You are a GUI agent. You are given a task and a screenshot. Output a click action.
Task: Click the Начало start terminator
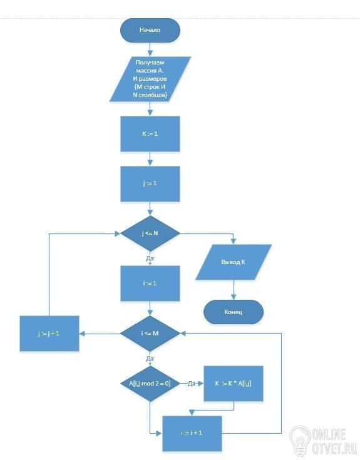[x=150, y=30]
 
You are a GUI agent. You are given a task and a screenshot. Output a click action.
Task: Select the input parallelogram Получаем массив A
[x=150, y=79]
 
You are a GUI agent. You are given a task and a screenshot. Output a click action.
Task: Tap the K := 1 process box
[x=150, y=134]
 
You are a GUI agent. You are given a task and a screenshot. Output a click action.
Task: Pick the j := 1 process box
[x=150, y=183]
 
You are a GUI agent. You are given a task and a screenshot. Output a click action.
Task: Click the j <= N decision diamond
[x=150, y=233]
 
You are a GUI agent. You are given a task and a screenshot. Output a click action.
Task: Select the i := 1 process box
[x=150, y=284]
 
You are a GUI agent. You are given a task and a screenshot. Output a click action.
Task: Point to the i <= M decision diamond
[x=150, y=334]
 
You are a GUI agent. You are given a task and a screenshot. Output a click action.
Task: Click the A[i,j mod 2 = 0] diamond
[x=150, y=384]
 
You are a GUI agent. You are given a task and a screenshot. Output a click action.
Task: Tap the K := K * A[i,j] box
[x=234, y=384]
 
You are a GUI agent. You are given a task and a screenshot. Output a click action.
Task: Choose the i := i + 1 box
[x=192, y=433]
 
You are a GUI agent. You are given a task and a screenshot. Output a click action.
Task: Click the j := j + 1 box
[x=49, y=334]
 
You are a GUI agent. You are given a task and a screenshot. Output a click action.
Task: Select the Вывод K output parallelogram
[x=234, y=262]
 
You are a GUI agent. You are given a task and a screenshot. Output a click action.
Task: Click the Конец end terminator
[x=234, y=312]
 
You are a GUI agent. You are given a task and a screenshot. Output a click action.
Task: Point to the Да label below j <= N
[x=150, y=258]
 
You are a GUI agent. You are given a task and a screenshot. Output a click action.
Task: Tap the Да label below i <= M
[x=150, y=358]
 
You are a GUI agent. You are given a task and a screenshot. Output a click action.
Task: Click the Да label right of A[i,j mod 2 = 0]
[x=192, y=384]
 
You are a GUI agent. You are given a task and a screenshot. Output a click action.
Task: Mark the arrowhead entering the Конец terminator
[x=234, y=297]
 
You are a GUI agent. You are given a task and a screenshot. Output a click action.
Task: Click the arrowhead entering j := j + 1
[x=82, y=334]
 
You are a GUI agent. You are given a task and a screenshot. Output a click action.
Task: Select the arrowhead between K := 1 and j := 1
[x=150, y=163]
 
